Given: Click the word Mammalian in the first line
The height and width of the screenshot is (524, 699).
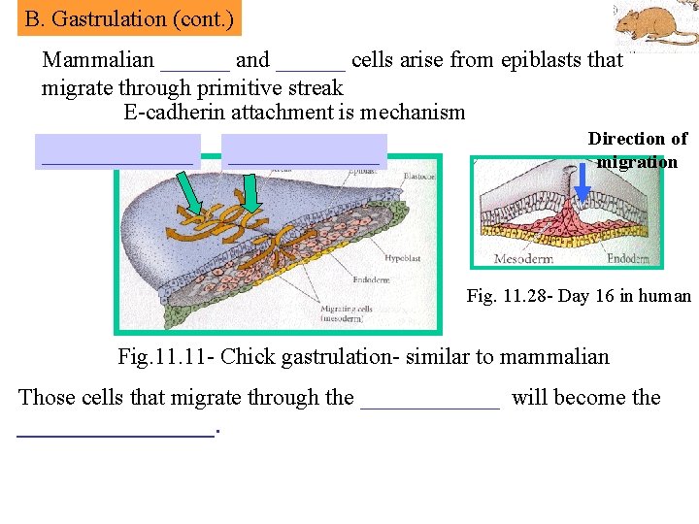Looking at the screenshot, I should pyautogui.click(x=97, y=60).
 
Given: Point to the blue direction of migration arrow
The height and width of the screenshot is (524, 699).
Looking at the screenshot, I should pyautogui.click(x=582, y=180).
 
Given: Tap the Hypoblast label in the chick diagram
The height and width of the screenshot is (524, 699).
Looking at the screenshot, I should pyautogui.click(x=401, y=260).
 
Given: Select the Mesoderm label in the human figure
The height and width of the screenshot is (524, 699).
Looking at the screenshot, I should pyautogui.click(x=523, y=258).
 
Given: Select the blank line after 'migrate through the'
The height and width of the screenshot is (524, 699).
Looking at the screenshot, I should pyautogui.click(x=430, y=398).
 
